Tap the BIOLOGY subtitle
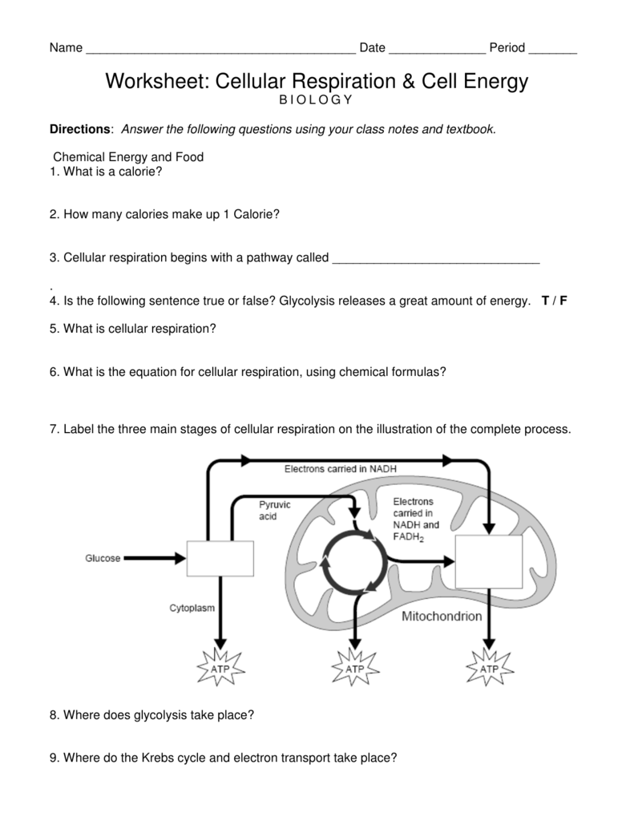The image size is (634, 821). (315, 99)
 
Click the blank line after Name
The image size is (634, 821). (220, 50)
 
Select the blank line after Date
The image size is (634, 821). (437, 50)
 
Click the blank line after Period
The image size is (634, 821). (553, 50)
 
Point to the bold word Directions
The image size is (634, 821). (79, 129)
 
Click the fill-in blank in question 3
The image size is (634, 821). (435, 260)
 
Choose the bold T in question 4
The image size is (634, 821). (545, 301)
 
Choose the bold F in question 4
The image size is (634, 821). (563, 301)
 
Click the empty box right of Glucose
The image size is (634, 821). (220, 558)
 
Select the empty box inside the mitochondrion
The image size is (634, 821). (488, 562)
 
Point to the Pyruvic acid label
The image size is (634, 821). (274, 511)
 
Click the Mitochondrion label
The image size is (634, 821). (441, 617)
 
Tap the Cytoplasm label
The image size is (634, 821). (192, 609)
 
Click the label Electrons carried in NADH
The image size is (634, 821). (340, 469)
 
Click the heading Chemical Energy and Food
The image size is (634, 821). (128, 157)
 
